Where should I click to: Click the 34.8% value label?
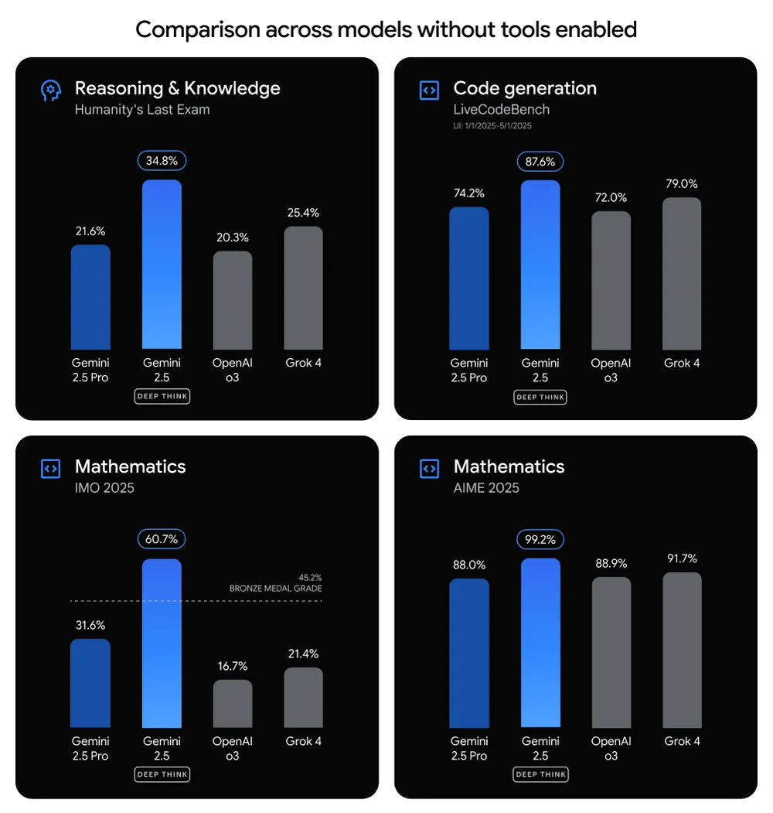coord(162,161)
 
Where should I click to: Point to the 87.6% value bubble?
coord(540,161)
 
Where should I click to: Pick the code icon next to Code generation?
coord(429,91)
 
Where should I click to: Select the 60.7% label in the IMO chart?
coord(162,539)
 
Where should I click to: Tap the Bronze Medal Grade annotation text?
coord(275,589)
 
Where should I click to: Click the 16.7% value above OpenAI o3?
coord(233,666)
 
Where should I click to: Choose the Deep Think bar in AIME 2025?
coord(540,643)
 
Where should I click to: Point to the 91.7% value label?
coord(682,559)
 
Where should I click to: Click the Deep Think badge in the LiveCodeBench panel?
coord(540,397)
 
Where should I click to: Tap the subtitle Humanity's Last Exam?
coord(142,110)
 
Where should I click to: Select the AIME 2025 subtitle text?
coord(486,488)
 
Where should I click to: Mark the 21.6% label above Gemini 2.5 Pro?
coord(90,231)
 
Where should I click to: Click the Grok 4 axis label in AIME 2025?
coord(682,741)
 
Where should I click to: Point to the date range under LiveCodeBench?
coord(492,125)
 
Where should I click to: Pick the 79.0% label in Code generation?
coord(682,184)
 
